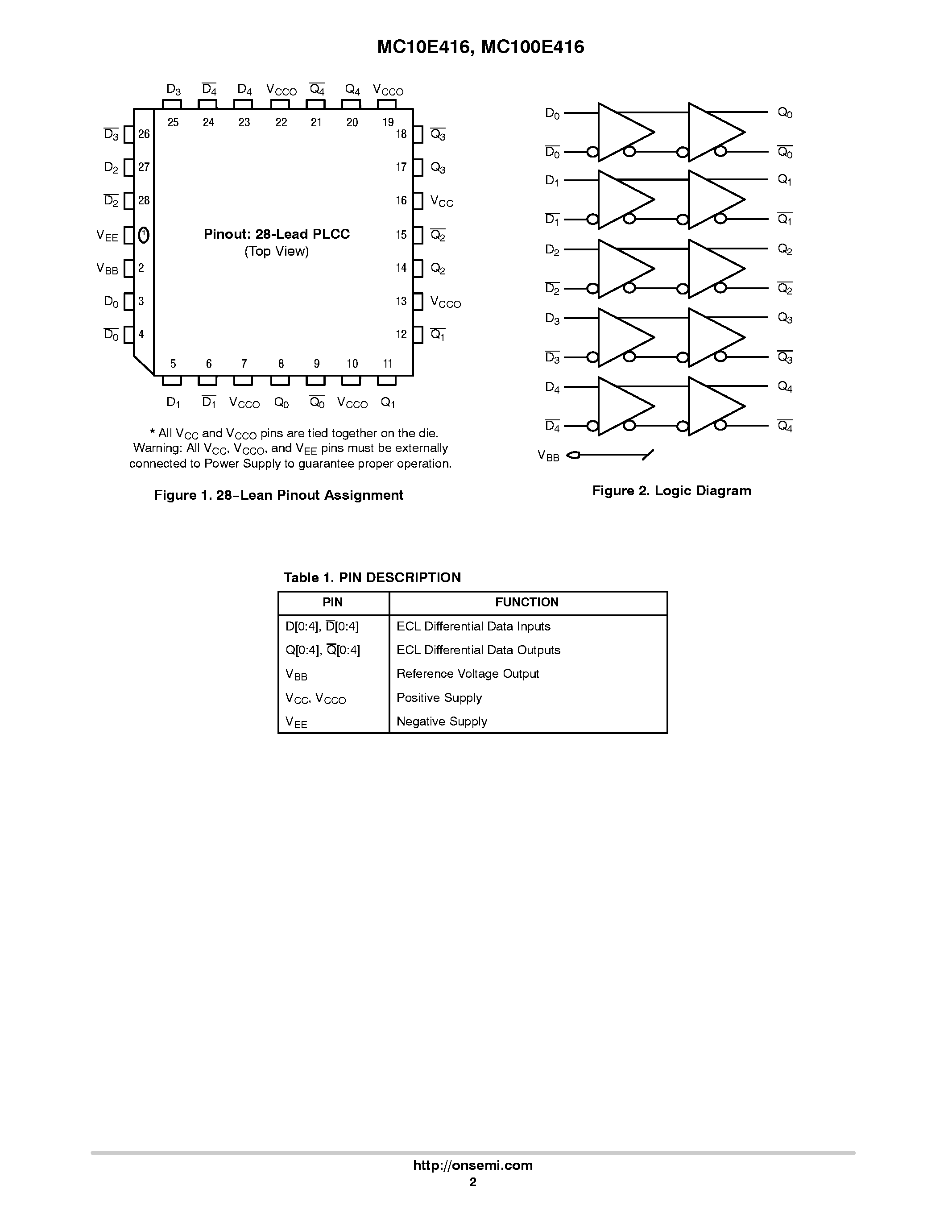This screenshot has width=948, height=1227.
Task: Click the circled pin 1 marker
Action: (x=144, y=234)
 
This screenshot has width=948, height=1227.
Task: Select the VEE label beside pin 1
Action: (x=107, y=236)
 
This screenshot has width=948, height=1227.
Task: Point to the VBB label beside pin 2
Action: (x=107, y=269)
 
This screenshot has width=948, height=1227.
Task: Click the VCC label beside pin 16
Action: (x=441, y=202)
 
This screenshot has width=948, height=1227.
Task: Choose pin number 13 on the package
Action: (x=401, y=302)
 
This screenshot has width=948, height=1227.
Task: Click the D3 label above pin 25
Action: (x=174, y=90)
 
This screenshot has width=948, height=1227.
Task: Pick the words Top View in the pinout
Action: (x=276, y=251)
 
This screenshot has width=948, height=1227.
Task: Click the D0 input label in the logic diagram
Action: (x=552, y=113)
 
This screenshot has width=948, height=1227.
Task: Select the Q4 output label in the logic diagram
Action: (x=785, y=387)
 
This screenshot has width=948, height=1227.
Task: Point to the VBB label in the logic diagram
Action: (x=548, y=456)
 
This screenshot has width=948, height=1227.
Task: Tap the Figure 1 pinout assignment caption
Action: (x=278, y=495)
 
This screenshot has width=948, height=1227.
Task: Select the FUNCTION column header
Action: (x=527, y=602)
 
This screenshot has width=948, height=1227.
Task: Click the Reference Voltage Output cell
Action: (x=467, y=674)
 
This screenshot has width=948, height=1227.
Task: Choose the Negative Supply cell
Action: (x=441, y=721)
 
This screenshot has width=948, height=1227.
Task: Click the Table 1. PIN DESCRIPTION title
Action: (x=372, y=577)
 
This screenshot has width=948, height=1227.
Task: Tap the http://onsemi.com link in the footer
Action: (x=472, y=1165)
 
